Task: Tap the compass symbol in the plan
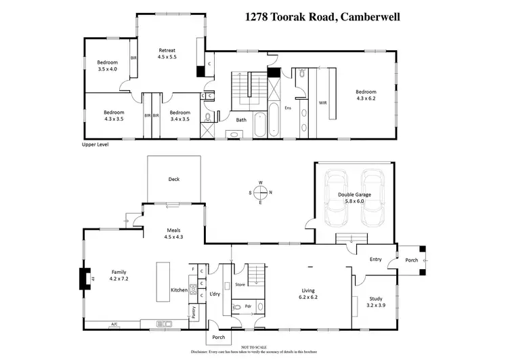[261, 192]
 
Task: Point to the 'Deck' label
[174, 180]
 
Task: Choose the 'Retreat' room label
[167, 50]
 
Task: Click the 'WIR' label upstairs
[323, 102]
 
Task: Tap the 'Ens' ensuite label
[288, 107]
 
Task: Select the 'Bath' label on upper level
[240, 120]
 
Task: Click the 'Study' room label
[375, 298]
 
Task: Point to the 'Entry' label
[376, 259]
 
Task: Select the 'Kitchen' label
[179, 290]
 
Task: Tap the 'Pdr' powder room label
[248, 305]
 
